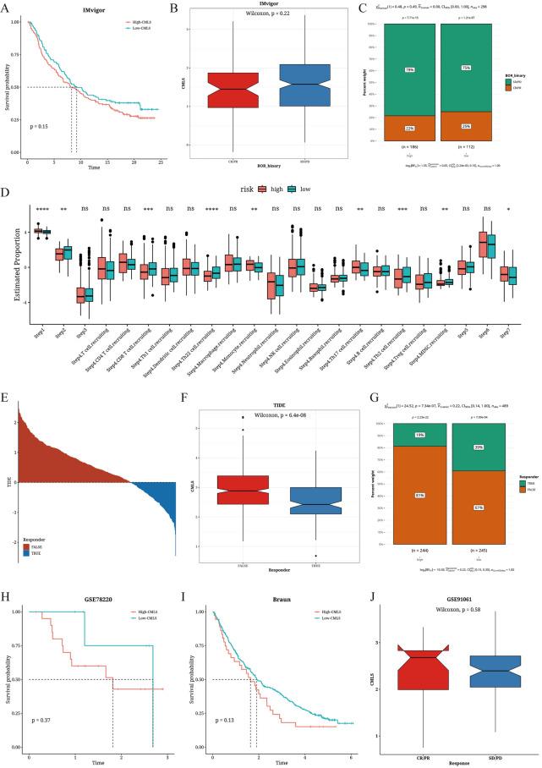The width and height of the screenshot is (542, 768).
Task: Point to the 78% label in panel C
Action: pos(409,70)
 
